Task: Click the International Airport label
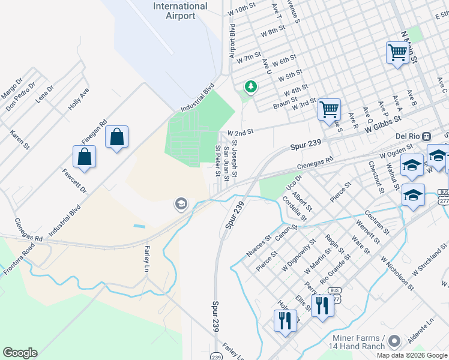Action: point(180,11)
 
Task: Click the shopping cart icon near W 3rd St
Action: point(329,109)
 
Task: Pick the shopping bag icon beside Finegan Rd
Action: point(116,137)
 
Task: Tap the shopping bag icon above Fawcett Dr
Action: point(85,157)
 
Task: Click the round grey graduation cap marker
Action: point(180,205)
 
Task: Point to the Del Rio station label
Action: point(409,136)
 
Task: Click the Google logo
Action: point(20,353)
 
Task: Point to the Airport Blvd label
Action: point(232,41)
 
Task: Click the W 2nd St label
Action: point(241,131)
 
